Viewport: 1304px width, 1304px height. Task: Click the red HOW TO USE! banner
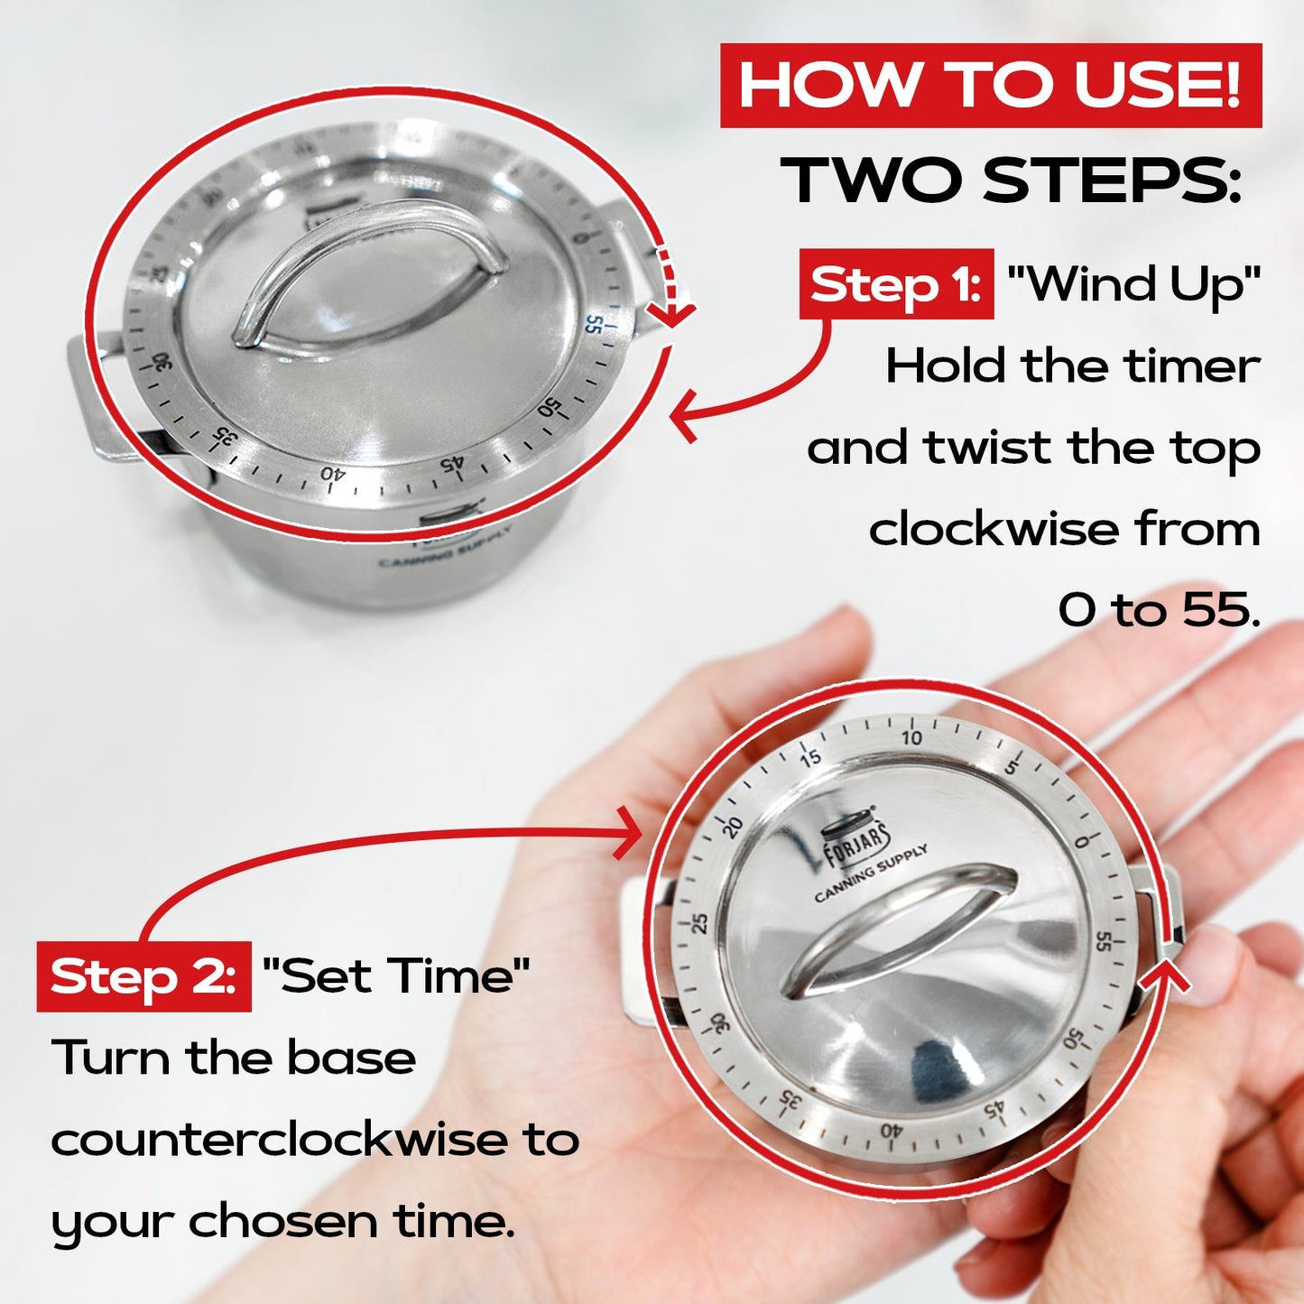click(x=990, y=86)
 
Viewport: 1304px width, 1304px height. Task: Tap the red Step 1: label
click(x=896, y=285)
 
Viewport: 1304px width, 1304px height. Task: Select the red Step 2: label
click(x=143, y=977)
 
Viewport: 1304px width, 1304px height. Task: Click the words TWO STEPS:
click(x=1011, y=180)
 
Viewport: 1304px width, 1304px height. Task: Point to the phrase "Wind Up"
click(x=1133, y=285)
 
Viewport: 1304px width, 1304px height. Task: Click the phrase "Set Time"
click(x=396, y=976)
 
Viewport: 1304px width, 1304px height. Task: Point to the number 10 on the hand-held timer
click(x=911, y=737)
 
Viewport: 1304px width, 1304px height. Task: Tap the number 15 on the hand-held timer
click(x=810, y=757)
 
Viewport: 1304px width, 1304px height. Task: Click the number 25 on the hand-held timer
click(x=699, y=923)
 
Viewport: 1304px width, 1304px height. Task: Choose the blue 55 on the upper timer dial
click(x=593, y=322)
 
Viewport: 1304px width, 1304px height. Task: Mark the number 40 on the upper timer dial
click(x=332, y=473)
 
